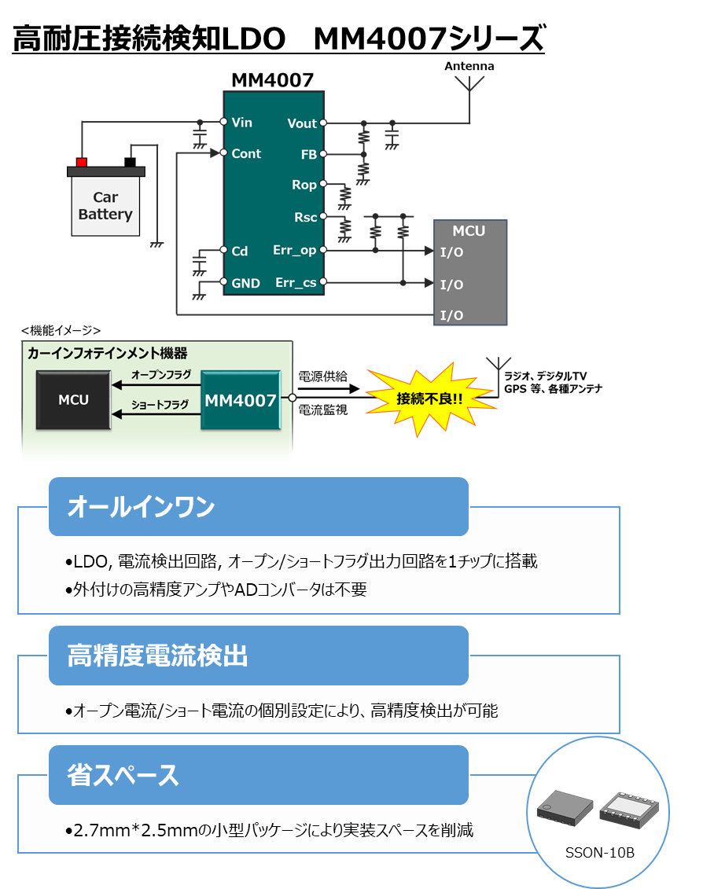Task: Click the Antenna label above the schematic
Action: tap(469, 66)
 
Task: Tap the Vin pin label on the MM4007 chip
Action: tap(242, 123)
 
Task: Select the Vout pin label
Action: tap(302, 123)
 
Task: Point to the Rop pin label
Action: tap(304, 186)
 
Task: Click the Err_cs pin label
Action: tap(296, 282)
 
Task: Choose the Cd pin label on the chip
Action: tap(240, 252)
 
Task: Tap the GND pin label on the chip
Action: tap(245, 283)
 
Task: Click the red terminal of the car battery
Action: tap(81, 162)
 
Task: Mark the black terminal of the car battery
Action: tap(130, 162)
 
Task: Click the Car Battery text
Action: tap(105, 206)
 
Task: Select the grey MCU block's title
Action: tap(469, 231)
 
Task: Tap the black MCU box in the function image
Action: tap(73, 400)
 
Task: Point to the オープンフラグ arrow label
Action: tap(161, 375)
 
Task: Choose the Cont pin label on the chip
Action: tap(246, 154)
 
